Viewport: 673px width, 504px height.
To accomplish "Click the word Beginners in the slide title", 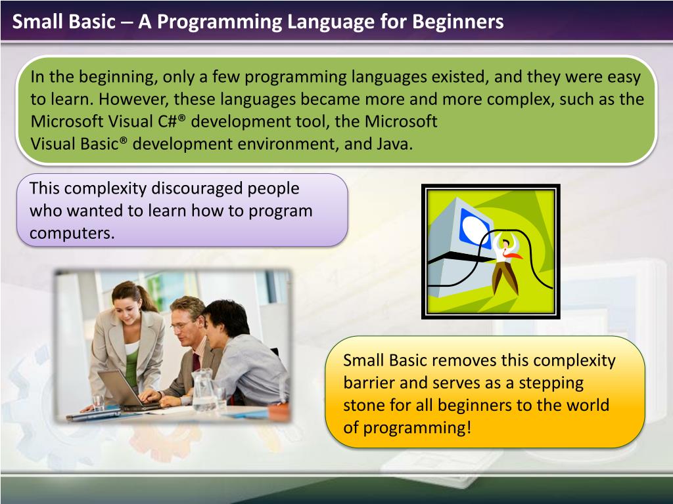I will pyautogui.click(x=457, y=22).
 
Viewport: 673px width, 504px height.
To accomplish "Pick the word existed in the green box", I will pyautogui.click(x=458, y=77).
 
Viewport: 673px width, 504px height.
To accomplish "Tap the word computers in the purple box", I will pyautogui.click(x=72, y=234).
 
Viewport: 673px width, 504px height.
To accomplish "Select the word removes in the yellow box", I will pyautogui.click(x=465, y=360).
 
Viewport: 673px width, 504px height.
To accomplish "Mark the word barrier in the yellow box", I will pyautogui.click(x=367, y=383).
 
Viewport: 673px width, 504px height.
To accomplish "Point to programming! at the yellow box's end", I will pyautogui.click(x=417, y=427).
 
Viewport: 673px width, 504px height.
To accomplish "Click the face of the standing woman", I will pyautogui.click(x=126, y=304).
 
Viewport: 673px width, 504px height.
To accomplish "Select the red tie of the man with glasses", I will pyautogui.click(x=195, y=361).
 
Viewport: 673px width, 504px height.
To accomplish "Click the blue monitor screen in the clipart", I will pyautogui.click(x=475, y=226).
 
